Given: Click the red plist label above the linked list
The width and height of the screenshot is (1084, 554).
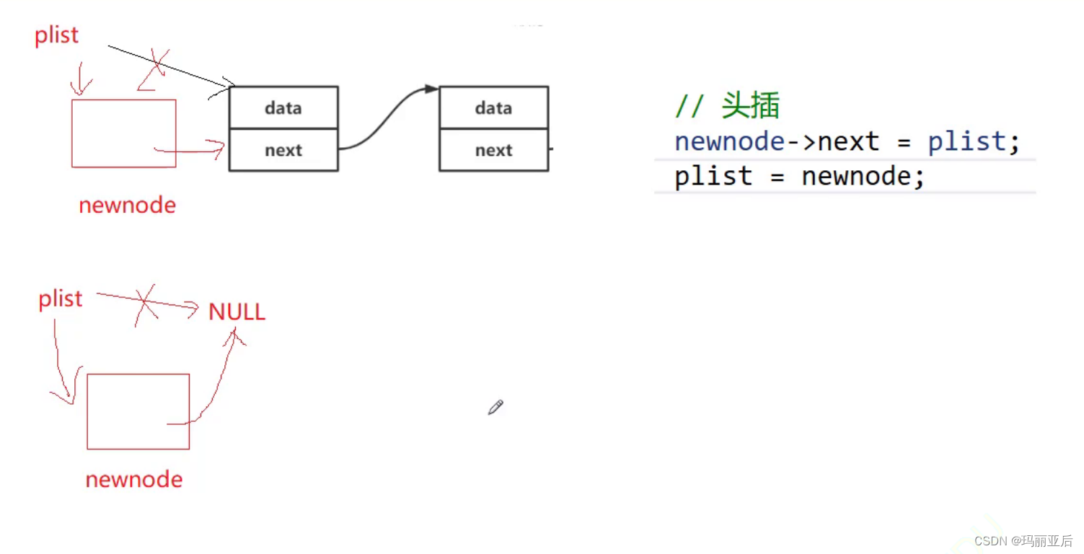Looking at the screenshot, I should pyautogui.click(x=56, y=35).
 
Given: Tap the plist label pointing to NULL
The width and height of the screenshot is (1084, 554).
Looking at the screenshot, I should pyautogui.click(x=61, y=299).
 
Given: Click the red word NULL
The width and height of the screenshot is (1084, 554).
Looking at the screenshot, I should pyautogui.click(x=237, y=312).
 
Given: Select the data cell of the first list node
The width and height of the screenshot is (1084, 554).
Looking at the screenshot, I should pyautogui.click(x=283, y=108).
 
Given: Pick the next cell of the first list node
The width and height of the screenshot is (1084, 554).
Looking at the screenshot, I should pyautogui.click(x=283, y=150).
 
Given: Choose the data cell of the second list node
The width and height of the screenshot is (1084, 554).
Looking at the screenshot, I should pyautogui.click(x=493, y=108).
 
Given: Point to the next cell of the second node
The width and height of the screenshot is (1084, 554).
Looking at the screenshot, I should pyautogui.click(x=493, y=150).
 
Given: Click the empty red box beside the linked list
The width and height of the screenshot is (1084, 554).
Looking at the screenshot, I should pyautogui.click(x=123, y=133).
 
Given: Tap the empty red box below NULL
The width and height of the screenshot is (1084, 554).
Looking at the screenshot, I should pyautogui.click(x=138, y=411).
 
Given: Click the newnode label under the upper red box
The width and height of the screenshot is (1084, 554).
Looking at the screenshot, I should pyautogui.click(x=127, y=206).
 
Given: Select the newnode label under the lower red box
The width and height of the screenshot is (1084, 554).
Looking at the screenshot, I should pyautogui.click(x=133, y=480).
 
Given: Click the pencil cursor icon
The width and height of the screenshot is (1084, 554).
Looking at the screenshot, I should pyautogui.click(x=495, y=408).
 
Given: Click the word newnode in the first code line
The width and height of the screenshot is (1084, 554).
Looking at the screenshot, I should pyautogui.click(x=729, y=141).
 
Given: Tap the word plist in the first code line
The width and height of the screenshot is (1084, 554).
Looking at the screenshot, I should pyautogui.click(x=966, y=141).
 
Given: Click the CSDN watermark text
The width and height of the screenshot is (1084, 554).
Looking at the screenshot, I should pyautogui.click(x=1023, y=540).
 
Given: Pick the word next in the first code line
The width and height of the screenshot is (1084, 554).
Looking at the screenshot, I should pyautogui.click(x=848, y=141).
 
